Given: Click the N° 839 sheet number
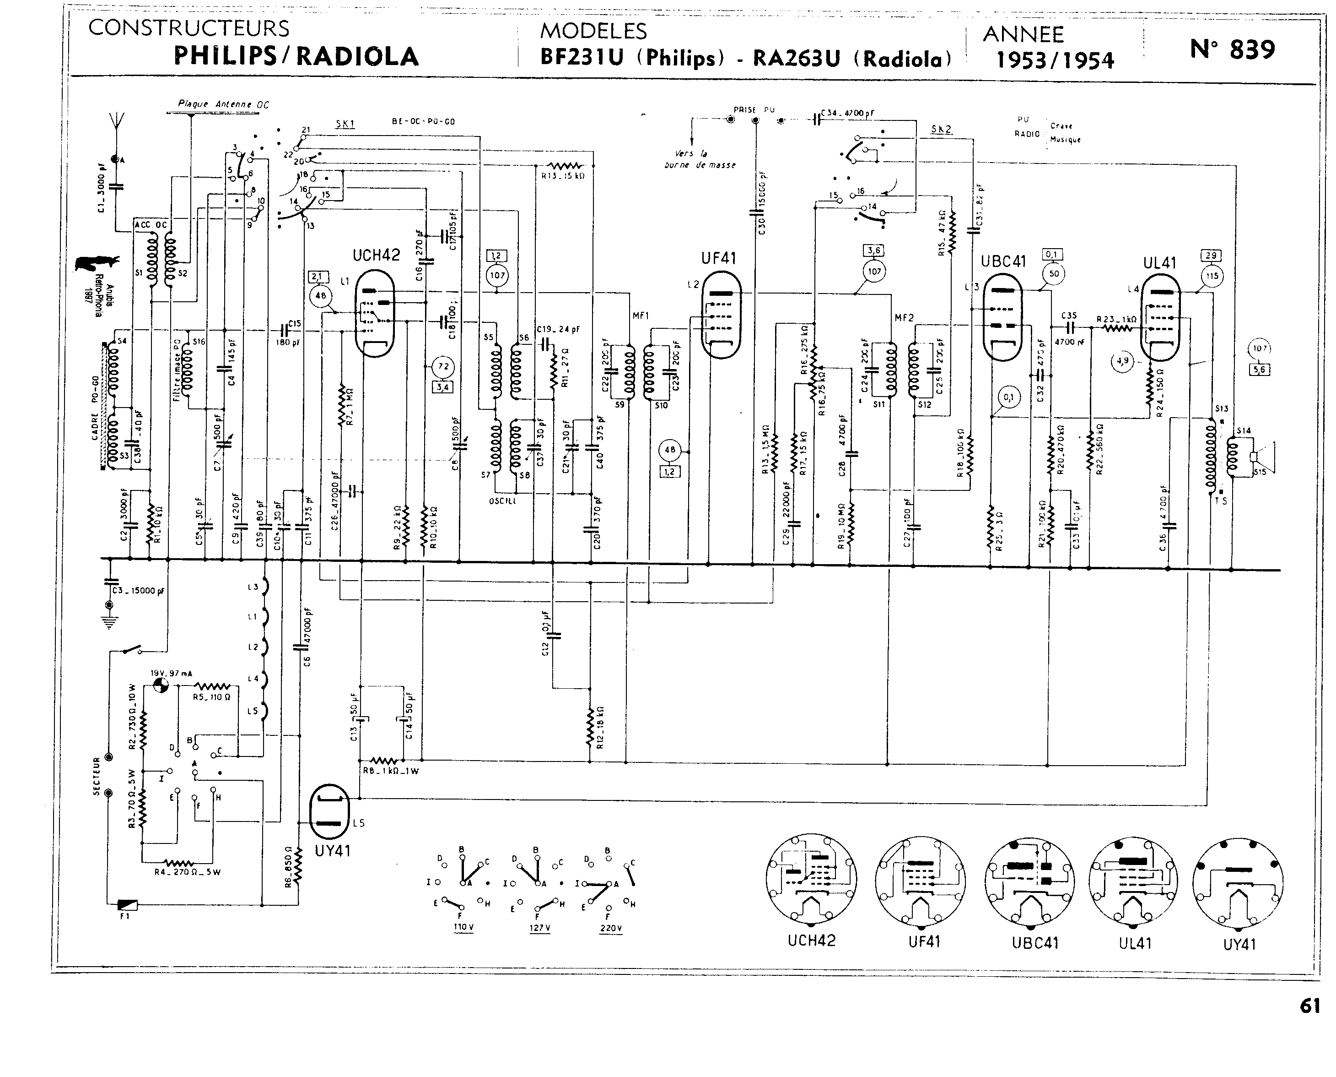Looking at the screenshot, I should (1233, 49).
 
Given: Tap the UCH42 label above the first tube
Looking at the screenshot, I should (376, 256).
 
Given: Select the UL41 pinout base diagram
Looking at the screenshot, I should (1134, 881).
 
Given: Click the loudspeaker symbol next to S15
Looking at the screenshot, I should (1261, 457).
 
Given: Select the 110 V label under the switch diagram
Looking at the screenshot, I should (463, 927).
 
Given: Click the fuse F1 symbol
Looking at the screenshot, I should (127, 905).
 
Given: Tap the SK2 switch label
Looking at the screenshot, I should (941, 129).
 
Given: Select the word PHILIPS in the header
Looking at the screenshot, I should (225, 56).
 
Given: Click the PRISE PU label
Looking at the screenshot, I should (754, 110).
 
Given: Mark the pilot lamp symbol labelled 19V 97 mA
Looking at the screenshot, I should (161, 685).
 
